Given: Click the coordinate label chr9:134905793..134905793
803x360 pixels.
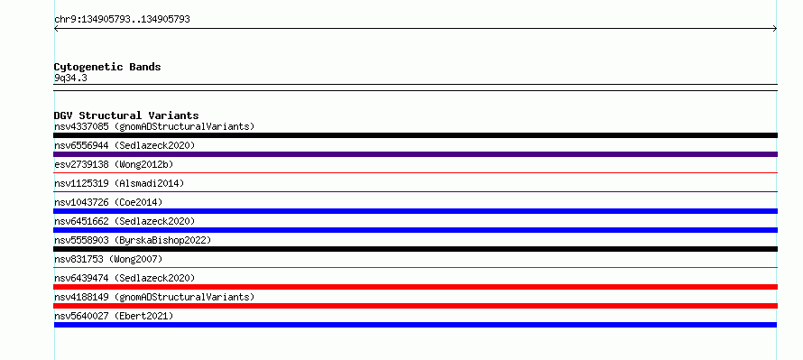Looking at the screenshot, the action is click(122, 20).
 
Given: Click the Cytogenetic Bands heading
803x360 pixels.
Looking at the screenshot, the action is click(107, 67).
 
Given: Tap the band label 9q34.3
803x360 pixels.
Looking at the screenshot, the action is click(70, 78).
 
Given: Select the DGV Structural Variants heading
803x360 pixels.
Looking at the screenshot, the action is click(126, 115).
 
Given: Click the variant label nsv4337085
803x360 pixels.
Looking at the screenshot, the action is click(81, 126).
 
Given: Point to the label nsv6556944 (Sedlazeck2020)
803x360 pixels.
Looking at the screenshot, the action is click(125, 145).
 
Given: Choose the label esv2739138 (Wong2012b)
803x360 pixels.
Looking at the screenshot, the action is click(114, 164).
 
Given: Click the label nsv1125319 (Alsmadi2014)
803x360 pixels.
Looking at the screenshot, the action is click(119, 183).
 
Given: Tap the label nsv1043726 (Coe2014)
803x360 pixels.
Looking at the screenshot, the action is click(108, 202).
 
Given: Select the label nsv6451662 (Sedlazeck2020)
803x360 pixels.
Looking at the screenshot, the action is click(125, 221).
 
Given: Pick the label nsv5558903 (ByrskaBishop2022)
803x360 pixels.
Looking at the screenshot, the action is click(133, 240).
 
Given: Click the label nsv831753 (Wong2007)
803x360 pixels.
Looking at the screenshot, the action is click(108, 259).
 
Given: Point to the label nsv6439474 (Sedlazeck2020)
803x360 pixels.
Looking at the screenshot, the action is click(125, 278).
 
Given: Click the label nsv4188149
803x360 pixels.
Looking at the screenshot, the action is click(81, 297).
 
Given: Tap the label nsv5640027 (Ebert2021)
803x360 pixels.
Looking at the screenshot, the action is click(114, 316).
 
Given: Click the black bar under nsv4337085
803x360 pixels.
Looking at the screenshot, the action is click(415, 135).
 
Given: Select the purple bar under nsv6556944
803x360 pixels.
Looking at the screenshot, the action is click(415, 154).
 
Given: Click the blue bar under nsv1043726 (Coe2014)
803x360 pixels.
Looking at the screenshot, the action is click(415, 211).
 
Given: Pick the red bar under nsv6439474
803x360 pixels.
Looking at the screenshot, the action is click(415, 287).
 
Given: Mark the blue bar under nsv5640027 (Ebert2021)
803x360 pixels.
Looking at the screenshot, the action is click(415, 325).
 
